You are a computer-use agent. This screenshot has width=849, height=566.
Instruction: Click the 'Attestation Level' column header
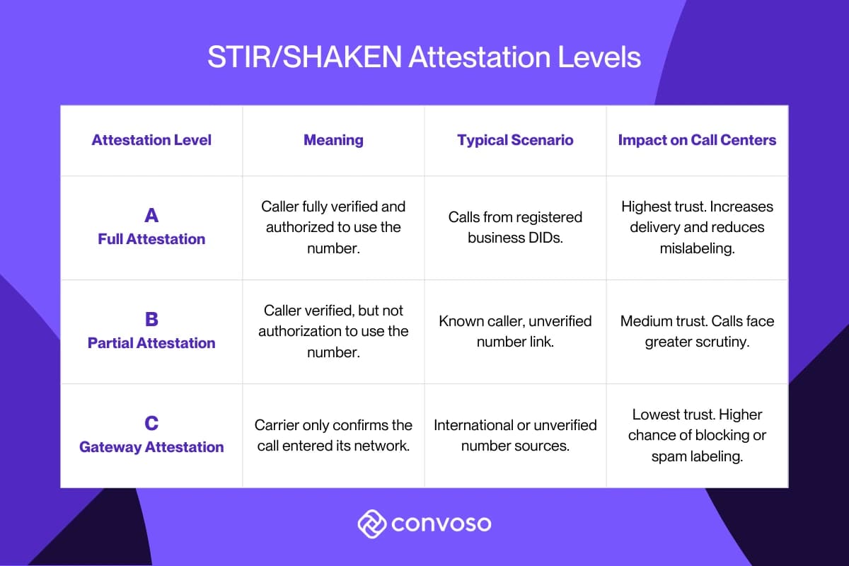151,140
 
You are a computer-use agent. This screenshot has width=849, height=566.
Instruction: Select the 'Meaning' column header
333,140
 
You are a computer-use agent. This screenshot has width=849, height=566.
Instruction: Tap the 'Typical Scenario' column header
515,140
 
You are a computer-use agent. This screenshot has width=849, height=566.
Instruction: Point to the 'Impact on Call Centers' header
697,140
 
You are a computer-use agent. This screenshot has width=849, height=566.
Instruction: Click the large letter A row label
151,216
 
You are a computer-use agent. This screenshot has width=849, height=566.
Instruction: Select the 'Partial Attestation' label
151,343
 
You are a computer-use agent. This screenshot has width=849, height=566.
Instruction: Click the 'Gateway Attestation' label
151,447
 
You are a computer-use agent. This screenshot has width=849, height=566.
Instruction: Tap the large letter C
151,423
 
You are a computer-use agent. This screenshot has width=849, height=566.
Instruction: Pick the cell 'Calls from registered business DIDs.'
515,227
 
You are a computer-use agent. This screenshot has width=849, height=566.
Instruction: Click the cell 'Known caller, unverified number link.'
515,331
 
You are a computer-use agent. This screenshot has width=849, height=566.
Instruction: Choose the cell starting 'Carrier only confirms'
333,435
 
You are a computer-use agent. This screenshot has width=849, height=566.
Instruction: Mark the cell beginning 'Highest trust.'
697,227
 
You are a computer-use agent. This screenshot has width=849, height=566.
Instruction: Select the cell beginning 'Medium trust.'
697,331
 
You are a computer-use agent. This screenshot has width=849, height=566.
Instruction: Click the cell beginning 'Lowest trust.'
697,435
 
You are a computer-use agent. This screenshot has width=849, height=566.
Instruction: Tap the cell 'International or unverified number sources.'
515,435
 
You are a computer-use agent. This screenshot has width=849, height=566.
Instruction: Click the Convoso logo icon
371,524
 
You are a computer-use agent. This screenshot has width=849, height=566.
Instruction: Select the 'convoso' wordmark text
441,525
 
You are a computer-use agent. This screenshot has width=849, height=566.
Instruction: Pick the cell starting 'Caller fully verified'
333,227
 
